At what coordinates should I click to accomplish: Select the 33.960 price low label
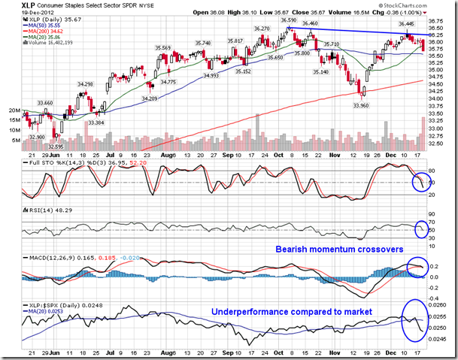(x=362, y=106)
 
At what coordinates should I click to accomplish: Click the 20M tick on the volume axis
(x=13, y=110)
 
